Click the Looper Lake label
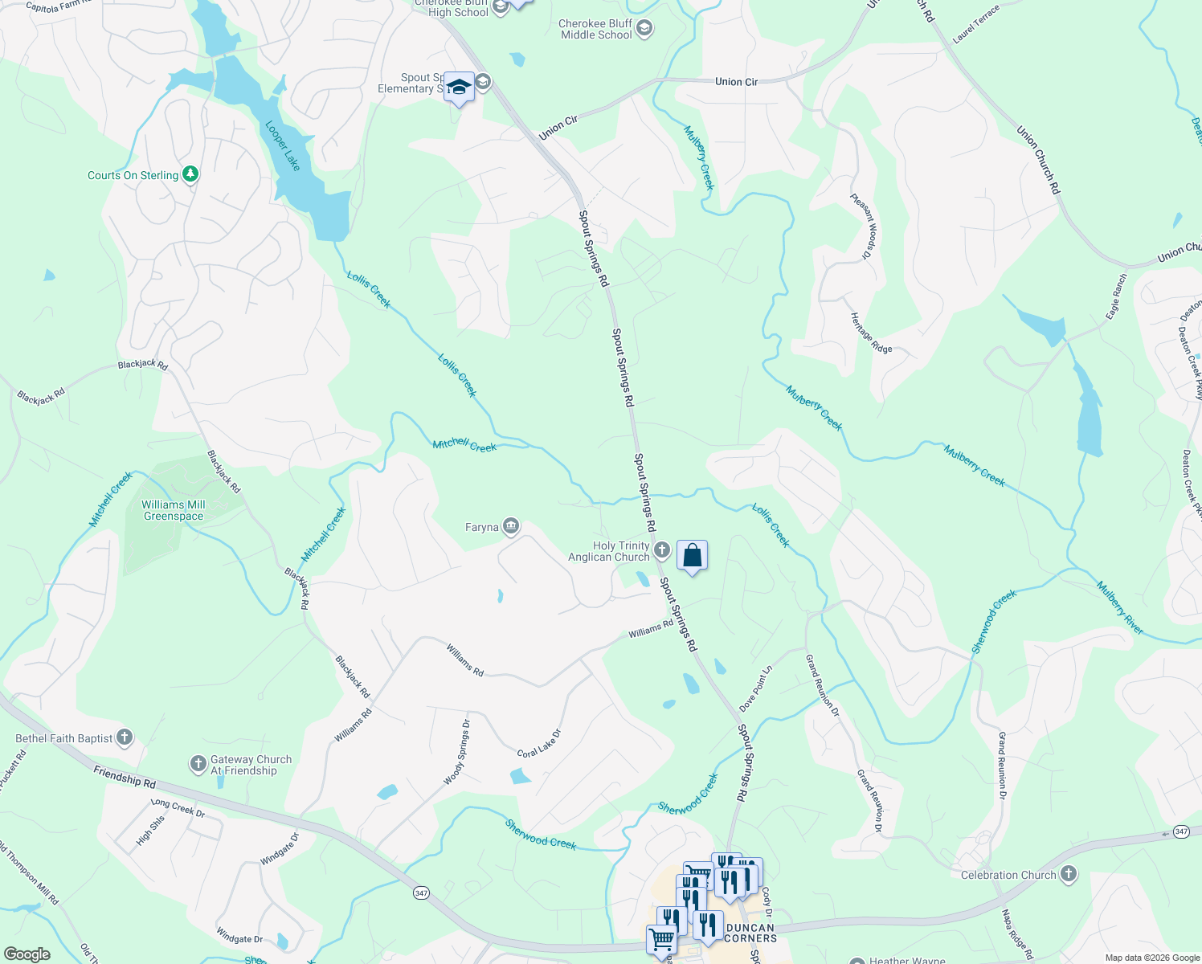click(x=283, y=146)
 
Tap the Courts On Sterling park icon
click(x=190, y=174)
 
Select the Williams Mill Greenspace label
click(x=174, y=511)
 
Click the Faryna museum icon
click(x=511, y=527)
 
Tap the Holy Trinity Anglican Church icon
click(x=662, y=550)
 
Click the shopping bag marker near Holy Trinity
click(x=692, y=556)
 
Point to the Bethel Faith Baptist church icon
click(x=124, y=737)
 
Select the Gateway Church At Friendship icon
click(x=198, y=764)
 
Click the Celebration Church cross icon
click(x=1068, y=874)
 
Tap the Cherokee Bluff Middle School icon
click(x=644, y=30)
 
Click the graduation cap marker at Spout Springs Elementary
click(x=459, y=88)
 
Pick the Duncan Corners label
click(x=750, y=933)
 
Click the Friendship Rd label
click(x=124, y=776)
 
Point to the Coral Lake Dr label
click(x=539, y=743)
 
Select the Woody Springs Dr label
click(x=457, y=752)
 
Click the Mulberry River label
click(x=1119, y=608)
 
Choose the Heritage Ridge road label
click(x=872, y=333)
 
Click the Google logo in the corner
click(x=27, y=954)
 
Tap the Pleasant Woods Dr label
click(x=861, y=226)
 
